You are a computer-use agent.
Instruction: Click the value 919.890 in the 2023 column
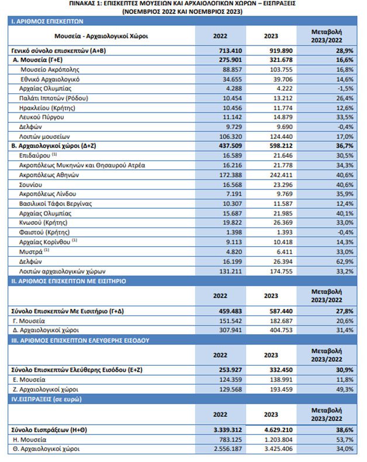coord(281,51)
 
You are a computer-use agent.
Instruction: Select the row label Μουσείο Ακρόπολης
coord(50,70)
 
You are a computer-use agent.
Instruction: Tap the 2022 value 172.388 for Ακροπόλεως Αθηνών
coord(230,175)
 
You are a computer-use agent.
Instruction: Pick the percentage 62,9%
coord(345,262)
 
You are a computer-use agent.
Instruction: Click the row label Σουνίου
coord(31,185)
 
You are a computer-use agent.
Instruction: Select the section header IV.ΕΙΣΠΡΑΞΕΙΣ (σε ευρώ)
coord(46,399)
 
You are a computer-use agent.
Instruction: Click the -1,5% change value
coord(345,89)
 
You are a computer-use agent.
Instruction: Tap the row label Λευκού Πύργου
coord(41,117)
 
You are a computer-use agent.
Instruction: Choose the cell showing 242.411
coord(281,175)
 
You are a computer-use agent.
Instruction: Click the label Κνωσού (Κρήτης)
coord(43,223)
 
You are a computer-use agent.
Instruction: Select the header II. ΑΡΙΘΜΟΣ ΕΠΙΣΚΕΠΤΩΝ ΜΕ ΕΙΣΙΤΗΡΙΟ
coord(68,281)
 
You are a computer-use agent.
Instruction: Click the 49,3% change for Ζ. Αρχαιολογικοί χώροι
coord(345,390)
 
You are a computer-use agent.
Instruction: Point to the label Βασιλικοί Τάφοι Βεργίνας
coord(56,204)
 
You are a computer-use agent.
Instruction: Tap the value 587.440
coord(281,311)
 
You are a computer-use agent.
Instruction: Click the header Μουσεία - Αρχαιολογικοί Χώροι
coord(101,36)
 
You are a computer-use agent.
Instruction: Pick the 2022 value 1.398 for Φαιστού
coord(234,233)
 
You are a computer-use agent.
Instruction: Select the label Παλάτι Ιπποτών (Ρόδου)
coord(54,99)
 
